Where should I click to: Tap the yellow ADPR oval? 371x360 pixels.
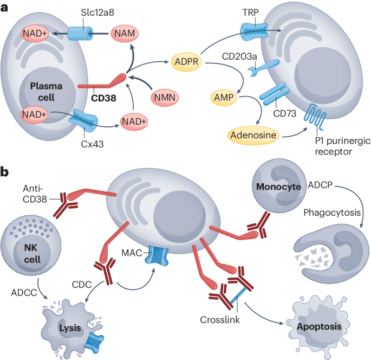[x=186, y=62]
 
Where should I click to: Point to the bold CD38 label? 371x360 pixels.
[x=106, y=99]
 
